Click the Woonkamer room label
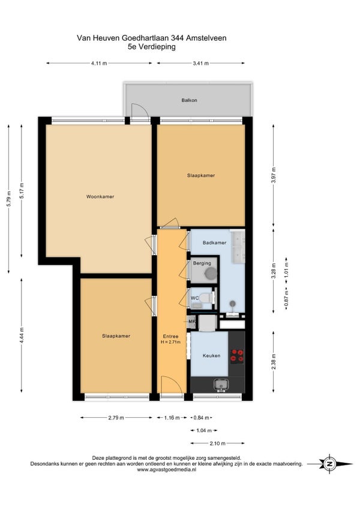(x=100, y=196)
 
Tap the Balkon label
(x=189, y=100)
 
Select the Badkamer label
(x=214, y=242)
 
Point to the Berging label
(x=202, y=264)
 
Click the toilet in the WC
(x=206, y=298)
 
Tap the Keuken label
(x=211, y=355)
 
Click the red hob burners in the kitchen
(x=237, y=355)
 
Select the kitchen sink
(x=221, y=385)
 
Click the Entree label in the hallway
(x=170, y=336)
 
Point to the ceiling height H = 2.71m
(x=171, y=342)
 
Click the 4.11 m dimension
(x=99, y=63)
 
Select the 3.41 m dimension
(x=200, y=63)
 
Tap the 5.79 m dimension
(x=9, y=198)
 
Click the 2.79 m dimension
(x=116, y=418)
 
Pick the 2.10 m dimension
(x=217, y=443)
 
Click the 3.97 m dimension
(x=274, y=175)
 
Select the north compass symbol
(x=330, y=464)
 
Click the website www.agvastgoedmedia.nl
(x=167, y=469)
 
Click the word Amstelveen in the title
(x=206, y=38)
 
